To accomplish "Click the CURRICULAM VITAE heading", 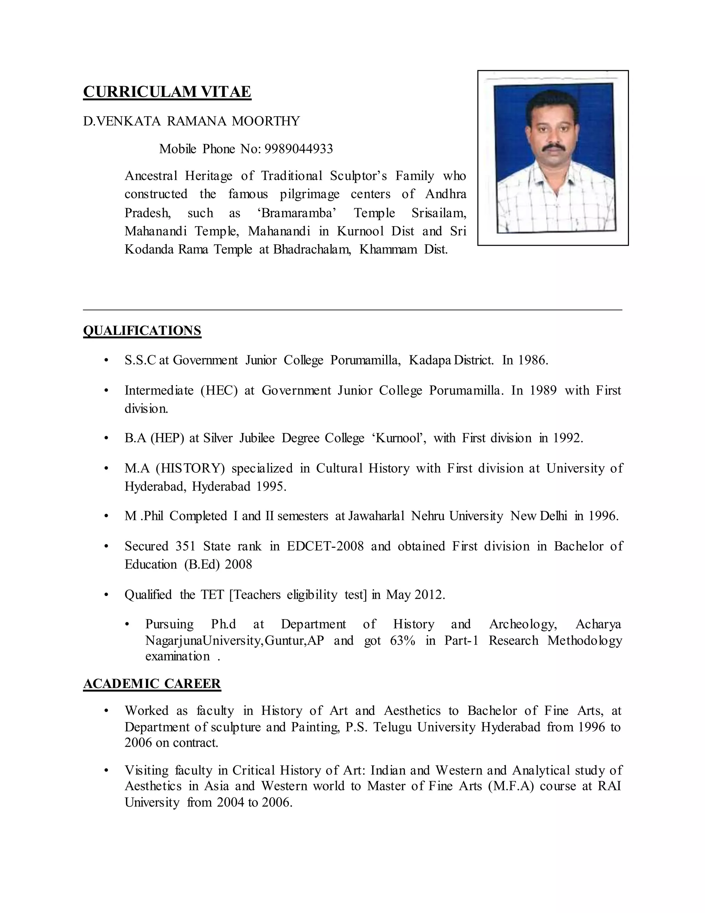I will (167, 92).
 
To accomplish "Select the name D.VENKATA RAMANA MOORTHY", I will (191, 121).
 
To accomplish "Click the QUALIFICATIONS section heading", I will (142, 331).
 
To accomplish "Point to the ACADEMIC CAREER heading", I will (151, 684).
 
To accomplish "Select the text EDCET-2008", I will (325, 546).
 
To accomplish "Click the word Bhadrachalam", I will (312, 249).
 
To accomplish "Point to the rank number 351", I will (186, 546).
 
